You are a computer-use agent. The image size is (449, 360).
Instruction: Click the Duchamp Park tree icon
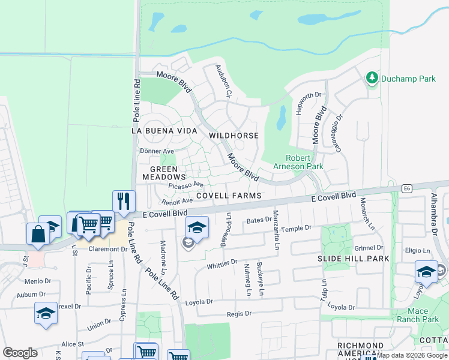372,78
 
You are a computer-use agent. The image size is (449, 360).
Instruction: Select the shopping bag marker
38,234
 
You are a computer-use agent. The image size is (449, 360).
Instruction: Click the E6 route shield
408,188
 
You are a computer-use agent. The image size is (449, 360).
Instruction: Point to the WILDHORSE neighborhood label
234,136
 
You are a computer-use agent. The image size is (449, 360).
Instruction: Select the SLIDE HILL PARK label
353,259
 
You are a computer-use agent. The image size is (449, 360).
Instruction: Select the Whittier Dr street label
222,264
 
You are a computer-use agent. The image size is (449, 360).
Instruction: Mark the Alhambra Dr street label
433,214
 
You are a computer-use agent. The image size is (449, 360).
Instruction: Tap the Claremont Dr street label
107,249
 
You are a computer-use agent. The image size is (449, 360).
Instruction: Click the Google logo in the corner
20,353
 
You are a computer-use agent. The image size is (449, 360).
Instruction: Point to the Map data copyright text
412,355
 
